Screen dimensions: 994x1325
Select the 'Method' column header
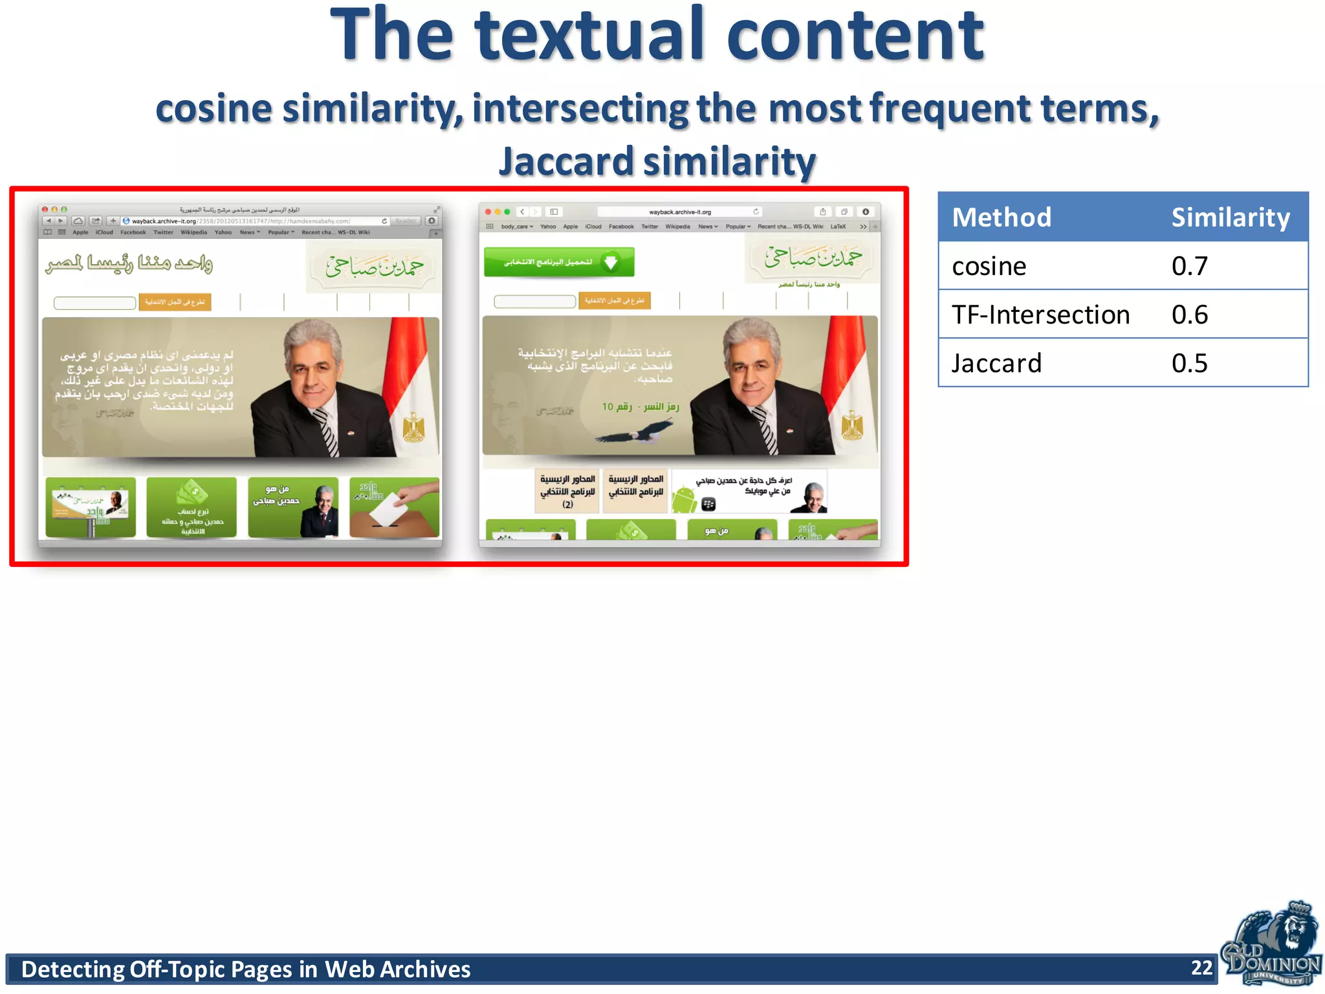(x=1001, y=217)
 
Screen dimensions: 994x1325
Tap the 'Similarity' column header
(x=1230, y=217)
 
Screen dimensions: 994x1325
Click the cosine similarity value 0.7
(x=1189, y=266)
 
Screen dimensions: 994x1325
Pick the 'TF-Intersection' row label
(x=1040, y=315)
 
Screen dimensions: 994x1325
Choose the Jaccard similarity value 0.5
(x=1189, y=363)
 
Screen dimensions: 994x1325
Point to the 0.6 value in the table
(x=1189, y=315)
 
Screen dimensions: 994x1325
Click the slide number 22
(x=1201, y=967)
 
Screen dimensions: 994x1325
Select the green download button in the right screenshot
(x=558, y=262)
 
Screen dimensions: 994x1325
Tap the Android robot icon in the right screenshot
(x=685, y=500)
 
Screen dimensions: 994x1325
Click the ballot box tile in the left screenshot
(x=394, y=507)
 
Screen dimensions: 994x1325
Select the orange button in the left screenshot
(x=175, y=302)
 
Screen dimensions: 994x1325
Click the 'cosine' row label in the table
(x=989, y=266)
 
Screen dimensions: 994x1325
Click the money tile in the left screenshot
(x=192, y=507)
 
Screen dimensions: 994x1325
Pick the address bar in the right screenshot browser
(x=679, y=212)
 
